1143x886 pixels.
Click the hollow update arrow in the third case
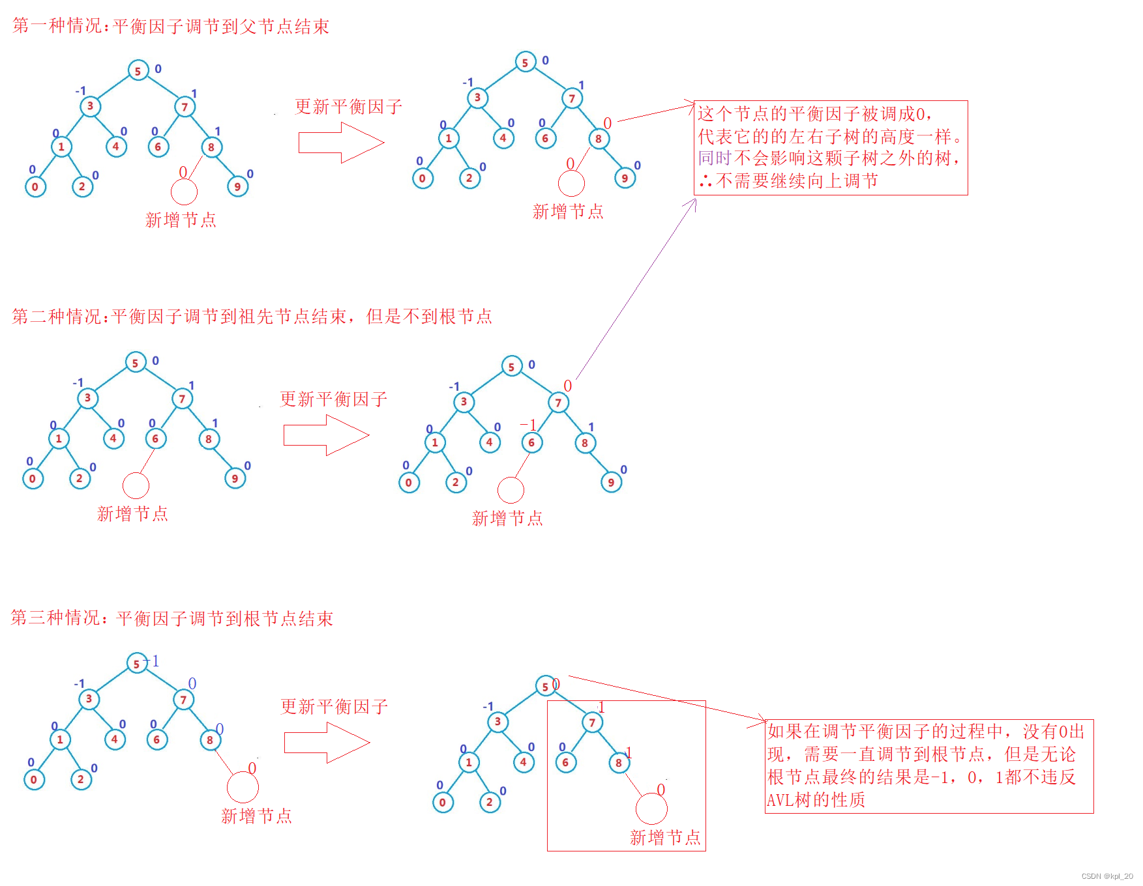(x=327, y=743)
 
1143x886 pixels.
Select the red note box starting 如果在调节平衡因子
(x=928, y=766)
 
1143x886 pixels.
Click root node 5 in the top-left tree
(x=138, y=71)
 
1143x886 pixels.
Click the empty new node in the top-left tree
(x=184, y=192)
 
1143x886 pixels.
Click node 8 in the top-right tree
(x=598, y=138)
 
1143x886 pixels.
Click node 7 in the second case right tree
(x=558, y=403)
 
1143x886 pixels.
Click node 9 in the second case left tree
(x=235, y=479)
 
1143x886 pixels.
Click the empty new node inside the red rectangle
(x=651, y=809)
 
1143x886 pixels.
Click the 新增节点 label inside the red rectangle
(x=665, y=838)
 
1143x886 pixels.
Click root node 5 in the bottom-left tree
(x=136, y=664)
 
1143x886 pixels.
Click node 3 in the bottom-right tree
(x=497, y=721)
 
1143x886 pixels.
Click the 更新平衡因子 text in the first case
(x=348, y=107)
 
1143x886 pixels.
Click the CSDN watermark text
(x=1106, y=876)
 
